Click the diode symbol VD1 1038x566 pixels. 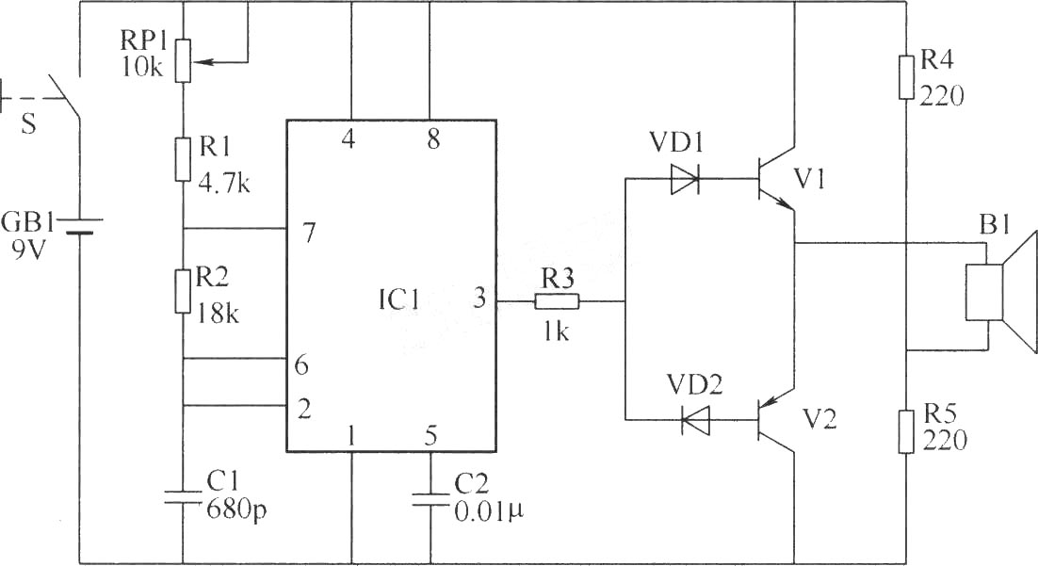[685, 179]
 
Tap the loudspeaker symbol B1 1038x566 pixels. [1000, 292]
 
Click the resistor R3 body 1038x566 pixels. [557, 301]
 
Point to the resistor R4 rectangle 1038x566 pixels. [906, 77]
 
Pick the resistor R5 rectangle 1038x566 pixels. [906, 431]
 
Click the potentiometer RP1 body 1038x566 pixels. [184, 60]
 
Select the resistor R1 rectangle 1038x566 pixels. [184, 159]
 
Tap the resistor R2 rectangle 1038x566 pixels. [184, 291]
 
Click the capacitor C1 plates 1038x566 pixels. [184, 497]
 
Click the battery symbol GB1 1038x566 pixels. [79, 226]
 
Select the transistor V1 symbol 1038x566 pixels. [777, 179]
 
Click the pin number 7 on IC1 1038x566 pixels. [309, 233]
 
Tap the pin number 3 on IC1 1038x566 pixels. [479, 298]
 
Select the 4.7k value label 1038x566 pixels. [224, 182]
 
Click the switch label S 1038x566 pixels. [28, 124]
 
